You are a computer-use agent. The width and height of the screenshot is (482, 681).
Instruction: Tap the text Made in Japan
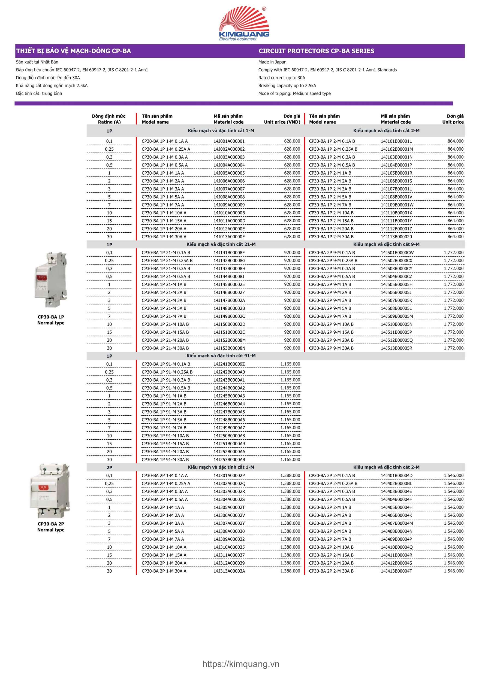pos(272,62)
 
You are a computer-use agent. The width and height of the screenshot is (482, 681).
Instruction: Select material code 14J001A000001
pos(229,141)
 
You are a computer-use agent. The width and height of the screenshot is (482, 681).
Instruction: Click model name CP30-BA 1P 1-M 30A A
pos(164,237)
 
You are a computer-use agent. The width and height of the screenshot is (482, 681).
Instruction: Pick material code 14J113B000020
pos(396,237)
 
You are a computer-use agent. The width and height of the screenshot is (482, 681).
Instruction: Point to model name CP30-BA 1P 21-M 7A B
pos(164,316)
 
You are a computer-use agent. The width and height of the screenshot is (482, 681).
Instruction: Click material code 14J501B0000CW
pos(397,253)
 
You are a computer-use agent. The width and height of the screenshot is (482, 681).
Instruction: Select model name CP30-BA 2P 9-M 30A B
pos(331,348)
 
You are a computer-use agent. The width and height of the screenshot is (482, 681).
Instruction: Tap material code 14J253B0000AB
pos(229,460)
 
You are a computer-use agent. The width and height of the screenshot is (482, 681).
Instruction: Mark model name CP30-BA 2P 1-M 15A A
pos(164,555)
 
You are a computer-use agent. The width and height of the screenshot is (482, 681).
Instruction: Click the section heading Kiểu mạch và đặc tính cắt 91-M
pos(221,356)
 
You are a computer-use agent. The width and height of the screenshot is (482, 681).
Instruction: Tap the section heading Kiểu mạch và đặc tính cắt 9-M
pos(386,244)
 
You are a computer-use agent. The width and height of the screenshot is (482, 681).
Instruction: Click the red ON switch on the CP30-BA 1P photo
pos(42,278)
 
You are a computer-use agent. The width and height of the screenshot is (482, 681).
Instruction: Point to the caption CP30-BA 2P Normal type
pos(51,527)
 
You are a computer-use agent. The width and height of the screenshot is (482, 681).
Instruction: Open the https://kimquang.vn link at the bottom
pos(241,664)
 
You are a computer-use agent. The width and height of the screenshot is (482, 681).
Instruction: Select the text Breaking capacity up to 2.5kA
pos(287,86)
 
